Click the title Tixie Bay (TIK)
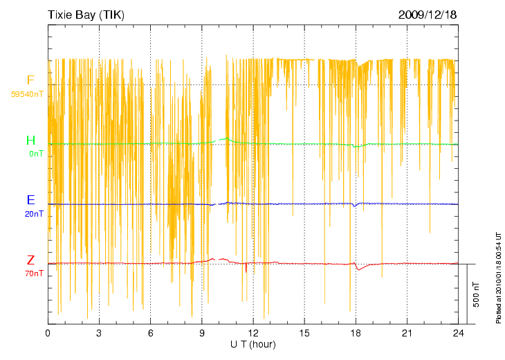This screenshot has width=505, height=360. click(x=86, y=15)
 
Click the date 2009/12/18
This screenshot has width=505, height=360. click(x=428, y=15)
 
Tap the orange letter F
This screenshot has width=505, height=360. click(x=30, y=80)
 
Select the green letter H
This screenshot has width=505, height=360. click(x=30, y=141)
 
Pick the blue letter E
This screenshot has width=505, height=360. click(x=30, y=201)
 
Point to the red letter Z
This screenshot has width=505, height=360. click(x=30, y=260)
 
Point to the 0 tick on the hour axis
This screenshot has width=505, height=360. click(x=48, y=333)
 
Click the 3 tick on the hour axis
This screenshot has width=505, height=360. click(x=99, y=333)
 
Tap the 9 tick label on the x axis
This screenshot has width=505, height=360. click(x=202, y=333)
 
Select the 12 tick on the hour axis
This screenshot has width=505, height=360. click(x=253, y=333)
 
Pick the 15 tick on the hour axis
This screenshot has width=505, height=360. click(x=304, y=333)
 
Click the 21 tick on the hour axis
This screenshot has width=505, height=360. click(x=407, y=333)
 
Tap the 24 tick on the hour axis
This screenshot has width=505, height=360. click(x=458, y=333)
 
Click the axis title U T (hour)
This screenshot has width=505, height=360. click(x=253, y=344)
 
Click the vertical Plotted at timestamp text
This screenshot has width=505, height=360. click(x=498, y=277)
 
